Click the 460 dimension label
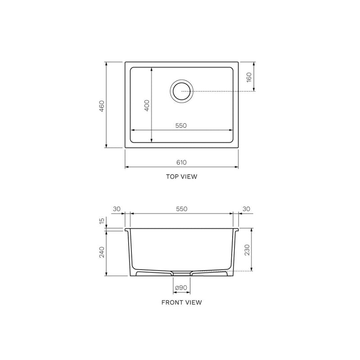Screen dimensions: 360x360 click(102, 106)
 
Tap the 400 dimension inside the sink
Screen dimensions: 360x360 click(147, 105)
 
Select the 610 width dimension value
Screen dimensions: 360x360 click(181, 162)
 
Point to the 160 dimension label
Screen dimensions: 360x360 click(249, 77)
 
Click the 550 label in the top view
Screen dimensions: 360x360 click(181, 126)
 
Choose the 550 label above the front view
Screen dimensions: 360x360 click(182, 209)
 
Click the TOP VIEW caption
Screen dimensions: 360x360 click(182, 176)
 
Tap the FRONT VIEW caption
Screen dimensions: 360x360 click(182, 302)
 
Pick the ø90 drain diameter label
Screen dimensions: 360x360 click(181, 288)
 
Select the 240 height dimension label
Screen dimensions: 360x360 click(102, 252)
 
